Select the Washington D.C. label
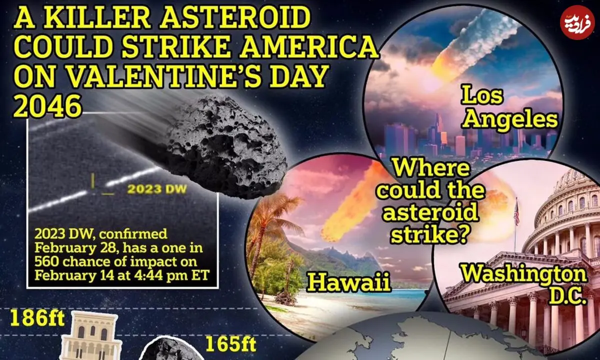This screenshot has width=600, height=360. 523,284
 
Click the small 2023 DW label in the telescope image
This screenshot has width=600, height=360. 156,189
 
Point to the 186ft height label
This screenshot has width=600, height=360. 37,319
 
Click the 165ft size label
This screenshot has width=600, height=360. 230,344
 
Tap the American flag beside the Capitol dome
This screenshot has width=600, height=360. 516,214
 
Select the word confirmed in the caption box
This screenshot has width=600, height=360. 133,234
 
